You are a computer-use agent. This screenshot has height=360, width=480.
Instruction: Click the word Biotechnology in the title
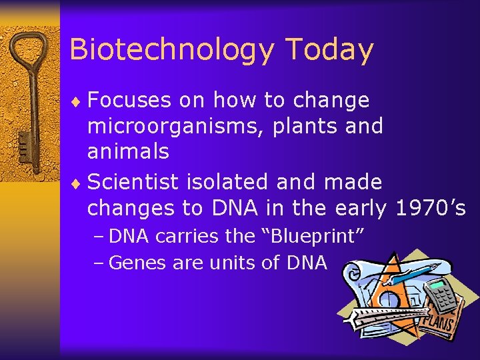[172, 50]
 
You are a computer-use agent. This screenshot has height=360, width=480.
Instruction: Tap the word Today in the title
[329, 50]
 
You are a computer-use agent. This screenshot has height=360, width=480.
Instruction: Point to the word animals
[128, 151]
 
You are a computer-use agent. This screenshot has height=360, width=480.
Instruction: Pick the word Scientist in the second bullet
[136, 181]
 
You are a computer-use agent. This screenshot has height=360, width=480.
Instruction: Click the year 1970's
[431, 208]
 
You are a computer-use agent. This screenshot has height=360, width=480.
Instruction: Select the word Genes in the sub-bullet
[138, 263]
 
